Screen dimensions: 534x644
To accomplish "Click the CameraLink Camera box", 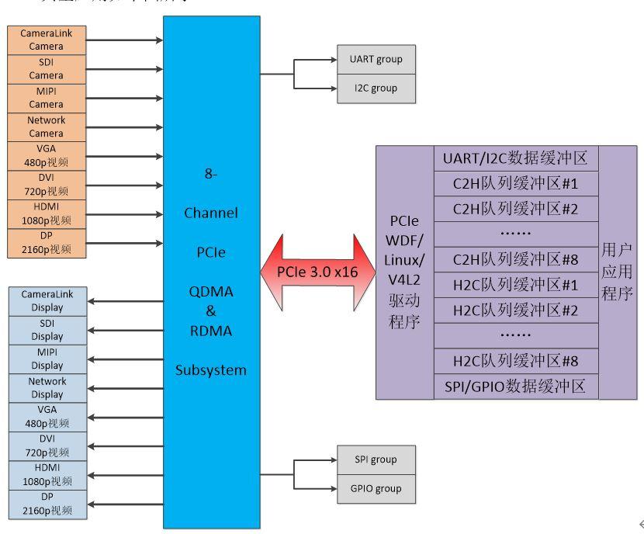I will coord(47,40).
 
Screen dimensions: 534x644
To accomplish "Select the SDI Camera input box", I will coord(47,68).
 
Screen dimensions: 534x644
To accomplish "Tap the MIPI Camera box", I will coord(47,97).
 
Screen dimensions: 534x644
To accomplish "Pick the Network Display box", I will coord(47,387).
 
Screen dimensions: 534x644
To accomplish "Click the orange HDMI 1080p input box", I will coord(47,213).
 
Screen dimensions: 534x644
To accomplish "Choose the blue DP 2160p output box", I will coord(47,504).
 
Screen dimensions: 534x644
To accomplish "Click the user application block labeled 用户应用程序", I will coord(618,272).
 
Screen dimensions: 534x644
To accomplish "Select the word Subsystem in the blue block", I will coord(211,370).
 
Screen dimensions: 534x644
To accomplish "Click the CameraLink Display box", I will coord(47,301).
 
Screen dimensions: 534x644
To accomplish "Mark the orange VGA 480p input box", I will coord(47,155).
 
